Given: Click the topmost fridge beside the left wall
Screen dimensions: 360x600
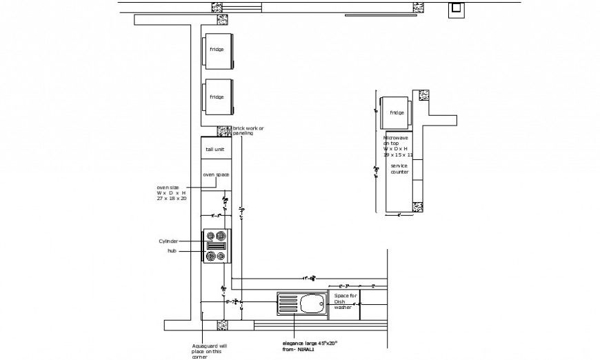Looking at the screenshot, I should (217, 52).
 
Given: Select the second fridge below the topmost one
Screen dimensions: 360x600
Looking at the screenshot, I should (217, 97).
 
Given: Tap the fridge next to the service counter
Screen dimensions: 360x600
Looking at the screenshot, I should (397, 112).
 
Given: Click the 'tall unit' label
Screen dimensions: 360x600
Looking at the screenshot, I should (214, 149).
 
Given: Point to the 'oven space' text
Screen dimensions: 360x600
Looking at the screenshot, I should (216, 174).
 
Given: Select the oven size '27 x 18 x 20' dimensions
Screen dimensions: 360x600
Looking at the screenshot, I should (172, 198).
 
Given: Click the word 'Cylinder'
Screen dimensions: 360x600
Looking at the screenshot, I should (168, 241).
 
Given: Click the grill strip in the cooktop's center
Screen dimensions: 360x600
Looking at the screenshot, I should (216, 246).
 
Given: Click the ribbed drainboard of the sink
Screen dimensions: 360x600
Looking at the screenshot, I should (288, 303).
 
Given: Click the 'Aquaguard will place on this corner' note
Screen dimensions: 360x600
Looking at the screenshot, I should (209, 350).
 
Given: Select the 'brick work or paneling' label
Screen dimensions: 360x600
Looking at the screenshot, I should (248, 130).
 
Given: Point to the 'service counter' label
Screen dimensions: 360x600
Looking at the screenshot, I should (399, 169).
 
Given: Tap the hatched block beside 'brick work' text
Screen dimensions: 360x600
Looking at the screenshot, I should (224, 130).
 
